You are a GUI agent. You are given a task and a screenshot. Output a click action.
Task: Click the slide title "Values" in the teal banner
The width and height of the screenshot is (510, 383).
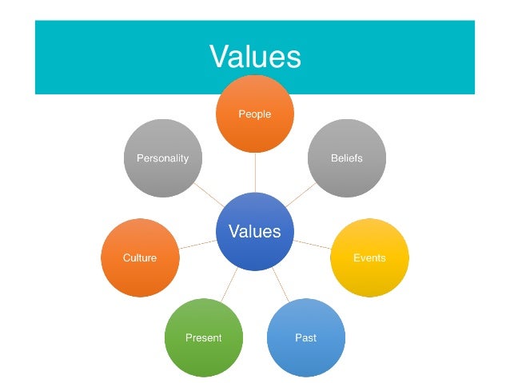(x=254, y=57)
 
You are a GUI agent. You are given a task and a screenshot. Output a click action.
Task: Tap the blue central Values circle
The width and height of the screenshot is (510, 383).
(x=255, y=232)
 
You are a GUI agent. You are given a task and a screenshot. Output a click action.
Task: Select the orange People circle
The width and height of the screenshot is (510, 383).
(x=255, y=114)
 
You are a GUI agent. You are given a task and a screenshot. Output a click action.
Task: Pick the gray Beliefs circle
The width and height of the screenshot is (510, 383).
(x=347, y=158)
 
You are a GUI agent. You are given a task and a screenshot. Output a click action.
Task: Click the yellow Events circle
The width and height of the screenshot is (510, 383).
(x=369, y=257)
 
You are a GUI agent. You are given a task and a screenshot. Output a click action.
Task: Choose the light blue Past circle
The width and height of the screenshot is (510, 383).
(x=305, y=337)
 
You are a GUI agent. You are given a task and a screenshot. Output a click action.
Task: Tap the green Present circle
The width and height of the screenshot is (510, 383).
(x=203, y=337)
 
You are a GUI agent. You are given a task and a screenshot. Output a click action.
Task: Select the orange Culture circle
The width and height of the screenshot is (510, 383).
(x=140, y=257)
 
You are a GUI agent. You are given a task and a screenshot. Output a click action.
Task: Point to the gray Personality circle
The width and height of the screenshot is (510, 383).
(x=163, y=158)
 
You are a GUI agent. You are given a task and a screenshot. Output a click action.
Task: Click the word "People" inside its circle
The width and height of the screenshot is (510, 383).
(x=255, y=114)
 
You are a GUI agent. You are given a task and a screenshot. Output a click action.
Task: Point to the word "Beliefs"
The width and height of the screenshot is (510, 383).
(x=347, y=158)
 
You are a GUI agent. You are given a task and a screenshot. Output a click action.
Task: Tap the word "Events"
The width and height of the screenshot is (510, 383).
(x=369, y=257)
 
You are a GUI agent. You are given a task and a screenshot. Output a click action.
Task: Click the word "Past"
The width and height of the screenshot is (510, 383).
(x=305, y=337)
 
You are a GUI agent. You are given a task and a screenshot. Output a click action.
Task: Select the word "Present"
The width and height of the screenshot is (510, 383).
(x=203, y=337)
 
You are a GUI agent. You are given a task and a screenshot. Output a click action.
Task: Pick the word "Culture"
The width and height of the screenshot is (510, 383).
(x=140, y=257)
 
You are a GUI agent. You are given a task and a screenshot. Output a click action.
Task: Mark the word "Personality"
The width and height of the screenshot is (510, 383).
(x=163, y=158)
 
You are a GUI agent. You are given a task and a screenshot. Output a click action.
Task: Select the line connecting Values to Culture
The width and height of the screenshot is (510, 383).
(x=197, y=245)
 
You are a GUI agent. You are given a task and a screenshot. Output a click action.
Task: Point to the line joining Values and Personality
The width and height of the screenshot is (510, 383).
(x=209, y=195)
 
